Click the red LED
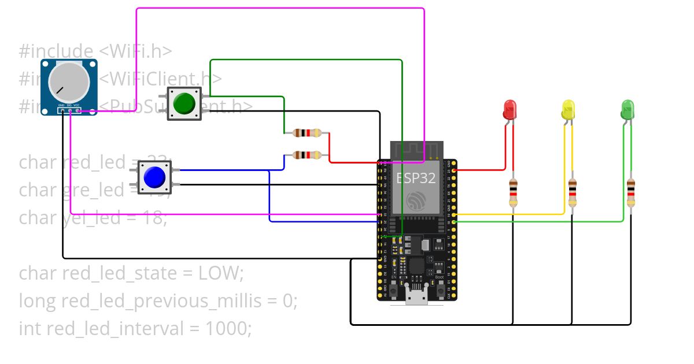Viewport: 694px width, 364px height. [x=510, y=109]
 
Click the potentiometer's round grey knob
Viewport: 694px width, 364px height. [x=69, y=81]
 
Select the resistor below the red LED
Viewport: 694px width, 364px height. [x=513, y=192]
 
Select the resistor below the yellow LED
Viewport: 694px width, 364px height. [x=572, y=192]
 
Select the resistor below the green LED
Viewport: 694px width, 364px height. [x=631, y=192]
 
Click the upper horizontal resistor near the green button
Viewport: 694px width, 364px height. [x=307, y=133]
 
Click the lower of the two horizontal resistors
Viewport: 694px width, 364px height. [x=307, y=155]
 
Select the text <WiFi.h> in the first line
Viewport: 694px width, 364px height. [x=135, y=51]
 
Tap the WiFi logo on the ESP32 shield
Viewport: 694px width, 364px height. [x=416, y=200]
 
